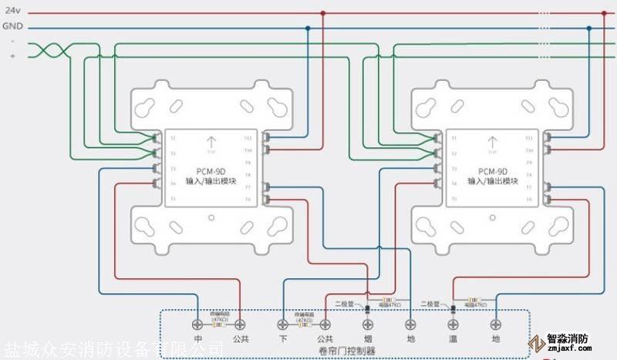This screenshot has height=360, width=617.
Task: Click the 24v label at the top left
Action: (x=12, y=12)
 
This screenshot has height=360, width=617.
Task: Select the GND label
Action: (x=13, y=27)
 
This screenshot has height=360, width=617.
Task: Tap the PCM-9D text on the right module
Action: (x=492, y=171)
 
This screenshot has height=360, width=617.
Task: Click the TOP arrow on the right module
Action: (x=492, y=143)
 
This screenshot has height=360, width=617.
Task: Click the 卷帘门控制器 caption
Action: (x=345, y=350)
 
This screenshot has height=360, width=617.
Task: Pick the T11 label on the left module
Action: (x=248, y=138)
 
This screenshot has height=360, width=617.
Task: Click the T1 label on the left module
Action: (x=173, y=138)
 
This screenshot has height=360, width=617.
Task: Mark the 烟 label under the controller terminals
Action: (x=366, y=338)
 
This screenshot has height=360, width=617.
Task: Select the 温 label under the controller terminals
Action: (x=453, y=338)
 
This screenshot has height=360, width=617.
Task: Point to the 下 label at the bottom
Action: (x=282, y=338)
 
